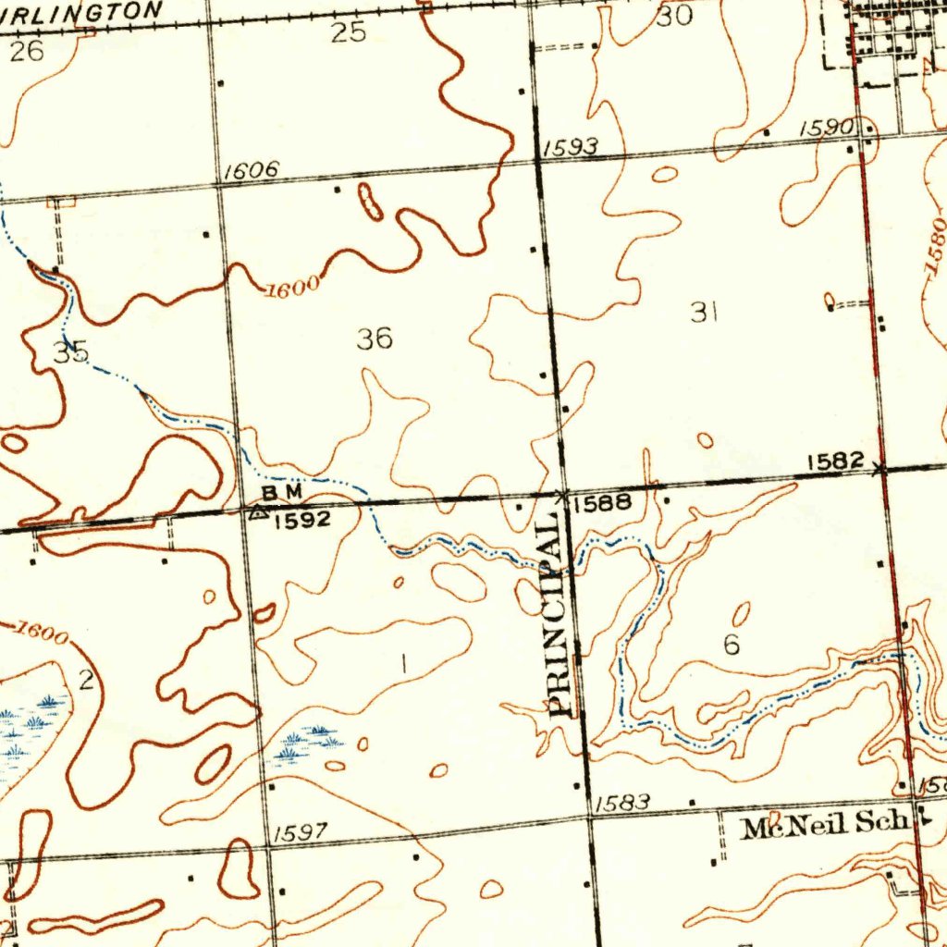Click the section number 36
(x=375, y=339)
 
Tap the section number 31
(x=705, y=314)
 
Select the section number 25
(x=349, y=33)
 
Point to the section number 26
(x=27, y=52)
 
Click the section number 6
(x=732, y=646)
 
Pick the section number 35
(x=70, y=352)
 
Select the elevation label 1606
(x=252, y=171)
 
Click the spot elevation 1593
(x=571, y=147)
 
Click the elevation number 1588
(x=602, y=504)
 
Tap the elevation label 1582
(x=835, y=461)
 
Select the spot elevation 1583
(x=621, y=803)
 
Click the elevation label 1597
(x=301, y=832)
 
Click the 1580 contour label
(x=934, y=246)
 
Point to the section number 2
(x=86, y=682)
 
